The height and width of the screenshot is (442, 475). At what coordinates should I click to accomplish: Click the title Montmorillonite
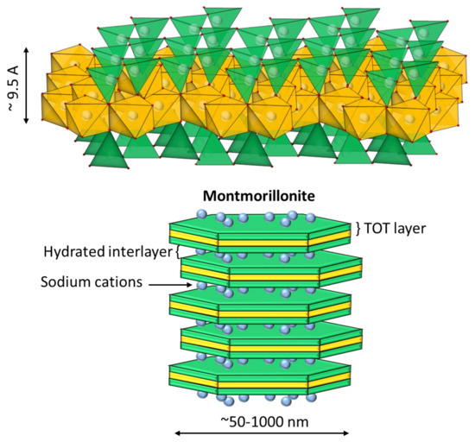pos(259,196)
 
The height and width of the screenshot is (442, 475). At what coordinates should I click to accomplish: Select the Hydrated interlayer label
pos(108,252)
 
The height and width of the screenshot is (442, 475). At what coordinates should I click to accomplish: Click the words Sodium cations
pos(92,281)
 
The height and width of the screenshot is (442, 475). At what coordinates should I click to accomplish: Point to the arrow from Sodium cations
pos(170,285)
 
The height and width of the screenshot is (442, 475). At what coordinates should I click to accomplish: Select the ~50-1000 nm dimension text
pos(264,421)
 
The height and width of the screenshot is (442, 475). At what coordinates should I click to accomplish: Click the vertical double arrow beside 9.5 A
pos(26,85)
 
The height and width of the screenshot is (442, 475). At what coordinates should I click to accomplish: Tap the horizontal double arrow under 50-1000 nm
pos(262,433)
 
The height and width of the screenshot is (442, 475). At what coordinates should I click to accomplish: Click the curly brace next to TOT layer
pos(358,229)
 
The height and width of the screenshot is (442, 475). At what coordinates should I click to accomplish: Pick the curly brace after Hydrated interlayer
pos(178,252)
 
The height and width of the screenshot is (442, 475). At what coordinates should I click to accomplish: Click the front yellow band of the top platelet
pos(263,243)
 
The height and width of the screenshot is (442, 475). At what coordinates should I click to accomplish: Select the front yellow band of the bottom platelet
pos(263,385)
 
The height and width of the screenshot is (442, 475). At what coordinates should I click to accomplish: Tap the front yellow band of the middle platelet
pos(263,314)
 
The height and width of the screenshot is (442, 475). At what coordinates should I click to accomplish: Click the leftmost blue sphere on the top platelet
pos(202,214)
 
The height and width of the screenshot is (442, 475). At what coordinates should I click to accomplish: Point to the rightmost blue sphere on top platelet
pos(310,218)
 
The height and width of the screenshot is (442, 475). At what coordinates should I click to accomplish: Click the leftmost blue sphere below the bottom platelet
pos(202,395)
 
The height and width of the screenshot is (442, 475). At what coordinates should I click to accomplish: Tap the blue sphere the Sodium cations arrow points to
pos(201,285)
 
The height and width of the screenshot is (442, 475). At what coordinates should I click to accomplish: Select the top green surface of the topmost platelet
pos(260,224)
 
